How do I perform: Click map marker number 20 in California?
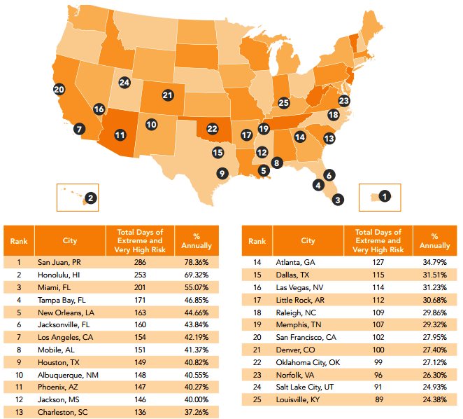pos(59,90)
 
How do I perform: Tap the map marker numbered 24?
pos(124,83)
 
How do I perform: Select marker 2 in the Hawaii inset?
pos(90,198)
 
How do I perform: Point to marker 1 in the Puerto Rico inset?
pos(385,196)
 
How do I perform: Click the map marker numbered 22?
pos(213,129)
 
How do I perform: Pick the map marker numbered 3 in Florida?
pos(338,200)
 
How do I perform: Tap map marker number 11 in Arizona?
pos(120,135)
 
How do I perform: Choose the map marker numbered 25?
pos(283,103)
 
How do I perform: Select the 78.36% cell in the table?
pos(197,261)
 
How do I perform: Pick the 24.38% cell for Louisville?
pos(434,400)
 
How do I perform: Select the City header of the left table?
pos(69,241)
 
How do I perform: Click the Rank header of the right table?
pos(257,241)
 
